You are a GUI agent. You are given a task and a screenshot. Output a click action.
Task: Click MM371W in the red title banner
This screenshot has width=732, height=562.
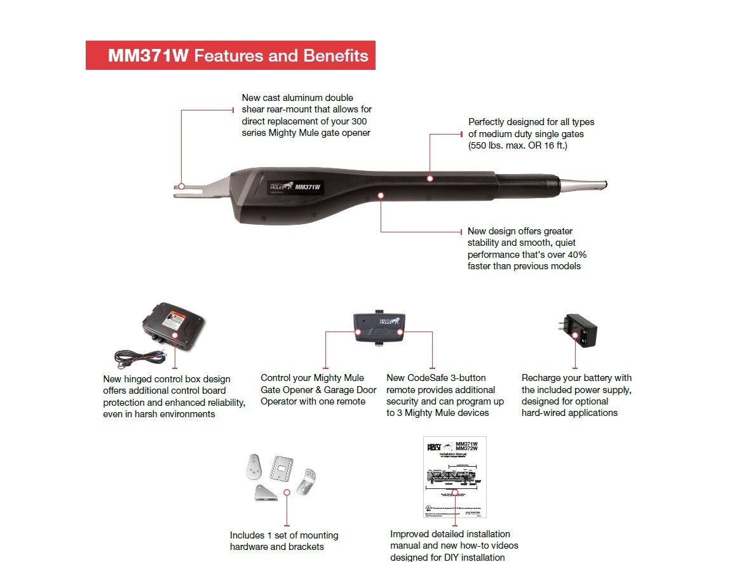point(148,56)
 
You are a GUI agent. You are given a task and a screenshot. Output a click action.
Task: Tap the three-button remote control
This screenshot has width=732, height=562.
point(379,328)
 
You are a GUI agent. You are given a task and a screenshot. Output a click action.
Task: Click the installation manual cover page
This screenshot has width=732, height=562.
point(454,476)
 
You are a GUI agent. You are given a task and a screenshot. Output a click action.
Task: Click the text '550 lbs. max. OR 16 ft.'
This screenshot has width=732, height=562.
point(518,145)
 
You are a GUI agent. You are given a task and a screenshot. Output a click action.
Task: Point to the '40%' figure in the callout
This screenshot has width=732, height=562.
point(574,254)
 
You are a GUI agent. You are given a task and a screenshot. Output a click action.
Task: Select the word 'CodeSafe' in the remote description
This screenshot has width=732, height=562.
point(431,378)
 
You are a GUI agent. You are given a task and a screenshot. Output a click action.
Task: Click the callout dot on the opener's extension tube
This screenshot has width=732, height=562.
point(430,178)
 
